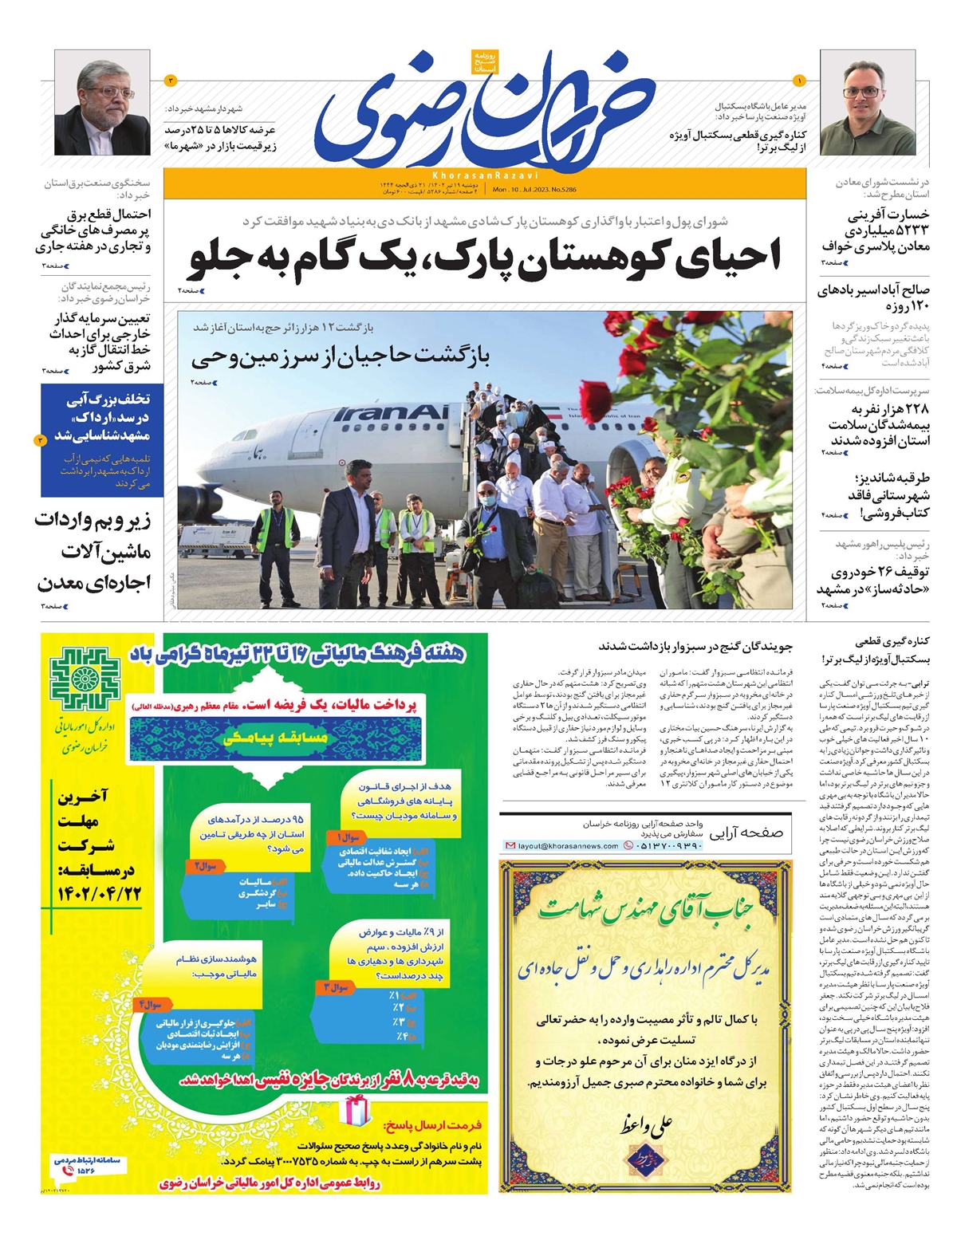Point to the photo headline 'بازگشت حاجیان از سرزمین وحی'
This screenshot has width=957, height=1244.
(341, 357)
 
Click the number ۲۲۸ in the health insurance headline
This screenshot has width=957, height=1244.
(916, 409)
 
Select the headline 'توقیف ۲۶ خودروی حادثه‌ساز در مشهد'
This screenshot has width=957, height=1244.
(872, 581)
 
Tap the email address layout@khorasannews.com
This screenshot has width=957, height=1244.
(567, 845)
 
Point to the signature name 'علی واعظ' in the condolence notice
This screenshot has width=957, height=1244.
(646, 1124)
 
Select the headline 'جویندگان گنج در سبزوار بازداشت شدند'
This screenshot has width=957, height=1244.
(695, 647)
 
